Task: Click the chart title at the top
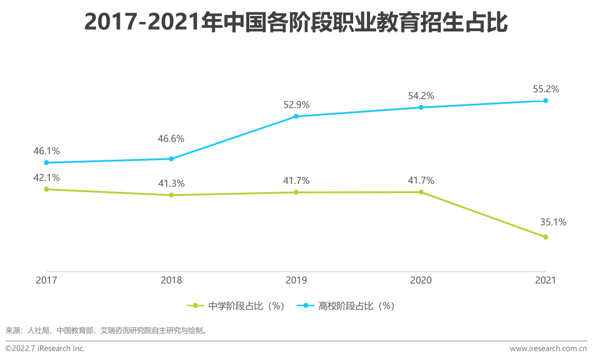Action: pos(296,23)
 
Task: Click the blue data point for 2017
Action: pos(47,162)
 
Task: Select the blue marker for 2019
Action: pos(296,116)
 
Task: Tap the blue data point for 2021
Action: pos(545,100)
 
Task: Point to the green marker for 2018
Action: pos(171,195)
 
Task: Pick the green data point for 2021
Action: pos(545,237)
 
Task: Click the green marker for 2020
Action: pos(421,192)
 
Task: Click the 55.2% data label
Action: pos(545,88)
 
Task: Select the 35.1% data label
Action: pos(553,222)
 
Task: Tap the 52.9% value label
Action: pos(296,104)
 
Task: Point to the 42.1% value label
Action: pos(47,177)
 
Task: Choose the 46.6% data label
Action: pos(171,139)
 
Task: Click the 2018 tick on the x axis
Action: pos(171,280)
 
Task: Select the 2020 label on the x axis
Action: pos(421,280)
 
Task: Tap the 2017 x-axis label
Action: pos(47,280)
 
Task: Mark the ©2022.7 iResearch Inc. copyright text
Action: pos(45,348)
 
